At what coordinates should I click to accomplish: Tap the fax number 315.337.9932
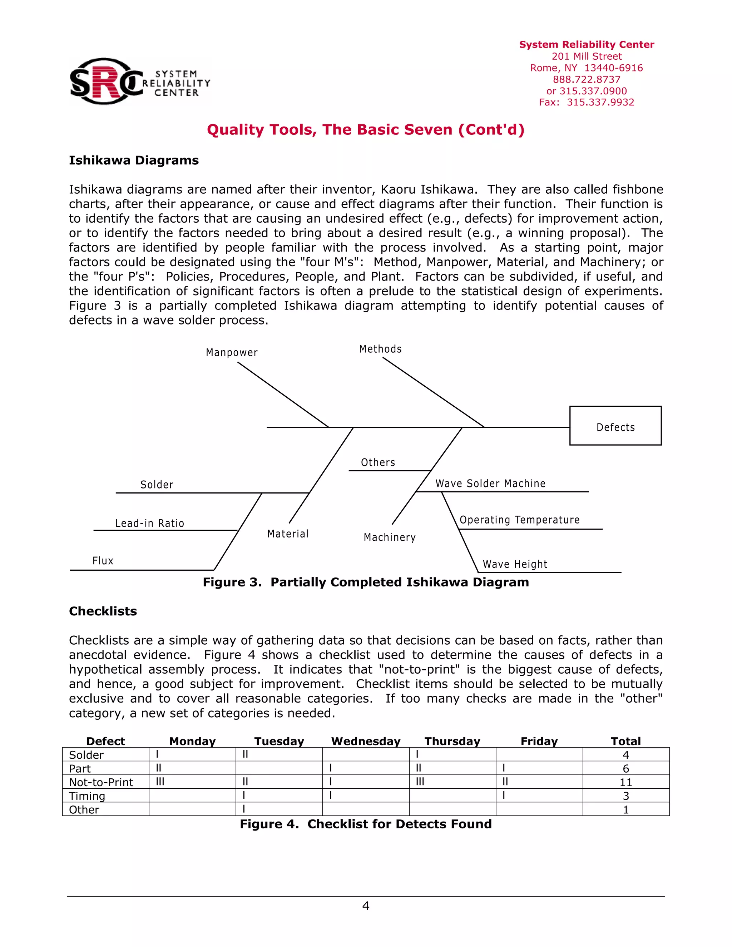[600, 102]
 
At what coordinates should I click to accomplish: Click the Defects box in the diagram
[615, 426]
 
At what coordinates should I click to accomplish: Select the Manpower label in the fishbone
[232, 352]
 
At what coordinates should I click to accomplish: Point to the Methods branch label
[380, 349]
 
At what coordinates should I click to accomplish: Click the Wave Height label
[515, 564]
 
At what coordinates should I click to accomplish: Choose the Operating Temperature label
[519, 520]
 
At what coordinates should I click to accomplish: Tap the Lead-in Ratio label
[150, 524]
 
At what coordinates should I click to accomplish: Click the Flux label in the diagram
[103, 561]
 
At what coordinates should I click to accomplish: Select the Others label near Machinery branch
[378, 463]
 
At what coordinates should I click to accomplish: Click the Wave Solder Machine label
[490, 484]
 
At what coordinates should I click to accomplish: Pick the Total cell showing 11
[625, 782]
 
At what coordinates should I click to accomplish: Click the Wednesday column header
[366, 742]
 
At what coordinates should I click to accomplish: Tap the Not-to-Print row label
[101, 782]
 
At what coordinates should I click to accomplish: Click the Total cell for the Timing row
[625, 796]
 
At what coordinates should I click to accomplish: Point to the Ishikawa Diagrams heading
[134, 160]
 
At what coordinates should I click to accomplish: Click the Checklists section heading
[103, 611]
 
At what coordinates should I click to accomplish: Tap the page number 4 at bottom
[366, 906]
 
